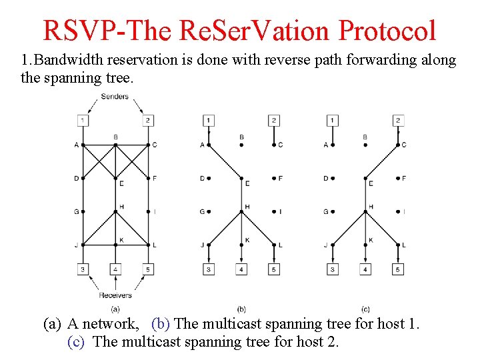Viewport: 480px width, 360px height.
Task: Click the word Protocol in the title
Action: [387, 31]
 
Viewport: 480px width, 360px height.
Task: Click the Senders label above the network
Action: [115, 97]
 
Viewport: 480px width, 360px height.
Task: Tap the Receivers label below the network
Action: [115, 295]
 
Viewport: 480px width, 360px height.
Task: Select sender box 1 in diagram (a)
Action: [81, 121]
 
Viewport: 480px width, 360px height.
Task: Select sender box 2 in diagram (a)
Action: [148, 121]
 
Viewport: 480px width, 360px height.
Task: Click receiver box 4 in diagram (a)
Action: [115, 269]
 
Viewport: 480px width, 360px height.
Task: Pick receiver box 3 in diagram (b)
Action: [209, 269]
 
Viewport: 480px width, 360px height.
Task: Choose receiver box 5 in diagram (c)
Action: [398, 269]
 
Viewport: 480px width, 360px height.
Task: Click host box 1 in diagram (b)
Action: [209, 121]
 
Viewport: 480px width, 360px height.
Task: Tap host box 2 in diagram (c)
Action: [398, 121]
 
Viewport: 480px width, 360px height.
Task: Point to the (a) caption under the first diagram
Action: [115, 309]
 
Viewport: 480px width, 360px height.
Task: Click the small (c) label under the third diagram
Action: [365, 309]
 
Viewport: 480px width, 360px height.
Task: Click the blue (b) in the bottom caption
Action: [161, 325]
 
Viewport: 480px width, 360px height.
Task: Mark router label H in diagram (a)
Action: [121, 206]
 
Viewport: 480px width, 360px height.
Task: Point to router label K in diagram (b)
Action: [247, 239]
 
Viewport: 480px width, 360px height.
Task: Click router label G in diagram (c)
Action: [326, 212]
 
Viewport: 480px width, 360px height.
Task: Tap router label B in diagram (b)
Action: [241, 137]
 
